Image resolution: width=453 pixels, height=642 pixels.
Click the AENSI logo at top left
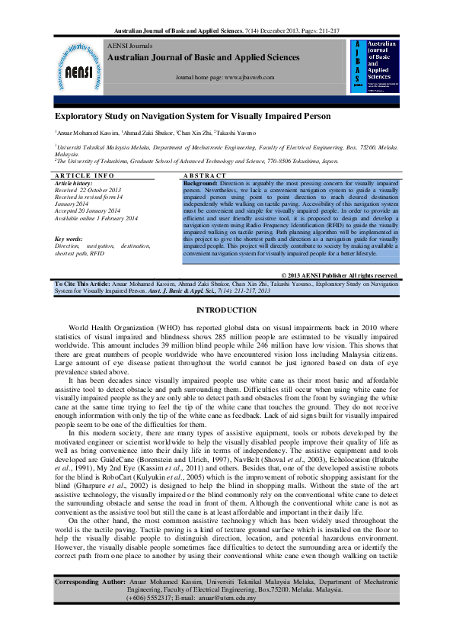coord(78,65)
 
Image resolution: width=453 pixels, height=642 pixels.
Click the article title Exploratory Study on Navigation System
coord(192,116)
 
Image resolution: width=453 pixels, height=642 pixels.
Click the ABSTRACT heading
coord(206,175)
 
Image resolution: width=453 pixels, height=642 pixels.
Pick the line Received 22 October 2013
coord(88,190)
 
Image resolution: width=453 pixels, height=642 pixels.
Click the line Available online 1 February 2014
coord(96,217)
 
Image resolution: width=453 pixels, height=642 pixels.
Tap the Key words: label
coord(69,239)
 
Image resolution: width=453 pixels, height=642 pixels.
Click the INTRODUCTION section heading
coord(226,310)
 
